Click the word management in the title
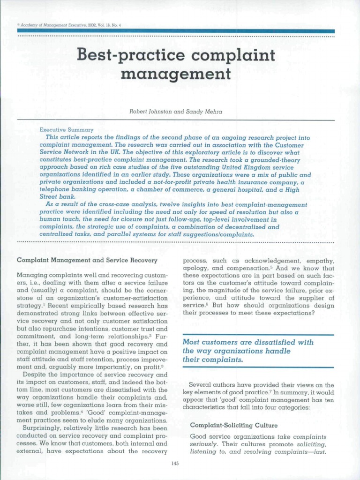(x=176, y=74)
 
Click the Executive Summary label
(x=66, y=130)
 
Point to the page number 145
(x=175, y=464)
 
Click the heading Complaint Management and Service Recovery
(x=87, y=260)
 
